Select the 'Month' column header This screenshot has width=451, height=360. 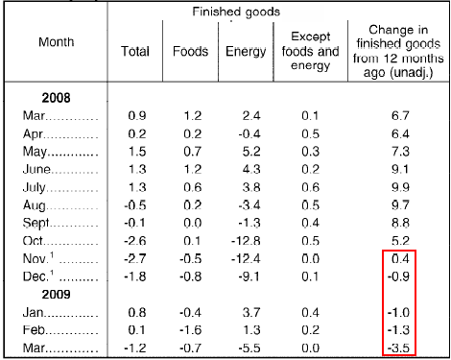57,43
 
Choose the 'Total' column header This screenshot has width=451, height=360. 136,49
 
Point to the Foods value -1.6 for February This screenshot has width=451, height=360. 190,329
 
